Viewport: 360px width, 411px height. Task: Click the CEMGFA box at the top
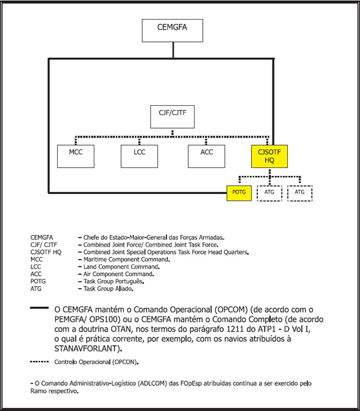172,30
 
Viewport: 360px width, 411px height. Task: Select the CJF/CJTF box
172,117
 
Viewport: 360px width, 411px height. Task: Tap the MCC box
75,156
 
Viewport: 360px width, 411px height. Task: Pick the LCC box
139,156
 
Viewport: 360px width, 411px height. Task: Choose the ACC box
207,156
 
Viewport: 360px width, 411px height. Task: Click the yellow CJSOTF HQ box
269,156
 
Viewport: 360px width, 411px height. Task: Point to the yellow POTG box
239,193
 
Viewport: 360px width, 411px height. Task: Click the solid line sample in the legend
39,308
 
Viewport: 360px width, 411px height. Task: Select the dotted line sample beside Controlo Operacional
39,362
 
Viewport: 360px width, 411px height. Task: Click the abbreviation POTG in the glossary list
38,281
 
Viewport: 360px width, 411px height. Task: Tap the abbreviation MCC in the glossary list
37,259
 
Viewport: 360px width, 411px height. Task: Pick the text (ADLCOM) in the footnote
152,384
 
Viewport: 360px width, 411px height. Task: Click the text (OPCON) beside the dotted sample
125,362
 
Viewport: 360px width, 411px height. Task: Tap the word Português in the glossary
131,282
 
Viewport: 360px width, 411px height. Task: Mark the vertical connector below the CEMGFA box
173,50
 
